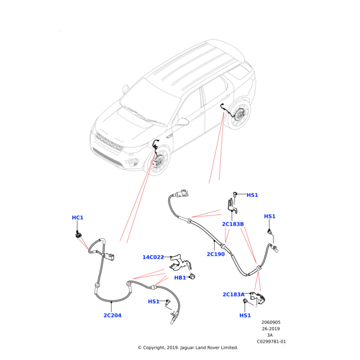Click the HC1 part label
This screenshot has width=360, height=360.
tap(77, 218)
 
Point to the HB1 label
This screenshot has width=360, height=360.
tap(180, 278)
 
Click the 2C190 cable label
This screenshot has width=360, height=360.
tap(215, 254)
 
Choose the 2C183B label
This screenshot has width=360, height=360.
tap(233, 224)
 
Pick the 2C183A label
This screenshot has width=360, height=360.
tap(233, 295)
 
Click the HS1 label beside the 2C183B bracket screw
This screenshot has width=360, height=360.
tap(252, 195)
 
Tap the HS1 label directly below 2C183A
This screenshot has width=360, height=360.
tap(245, 316)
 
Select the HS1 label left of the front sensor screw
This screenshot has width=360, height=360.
tap(154, 302)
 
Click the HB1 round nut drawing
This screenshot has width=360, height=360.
tap(193, 277)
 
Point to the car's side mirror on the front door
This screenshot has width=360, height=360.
tap(182, 122)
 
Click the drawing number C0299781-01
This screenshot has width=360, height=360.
tap(271, 341)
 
